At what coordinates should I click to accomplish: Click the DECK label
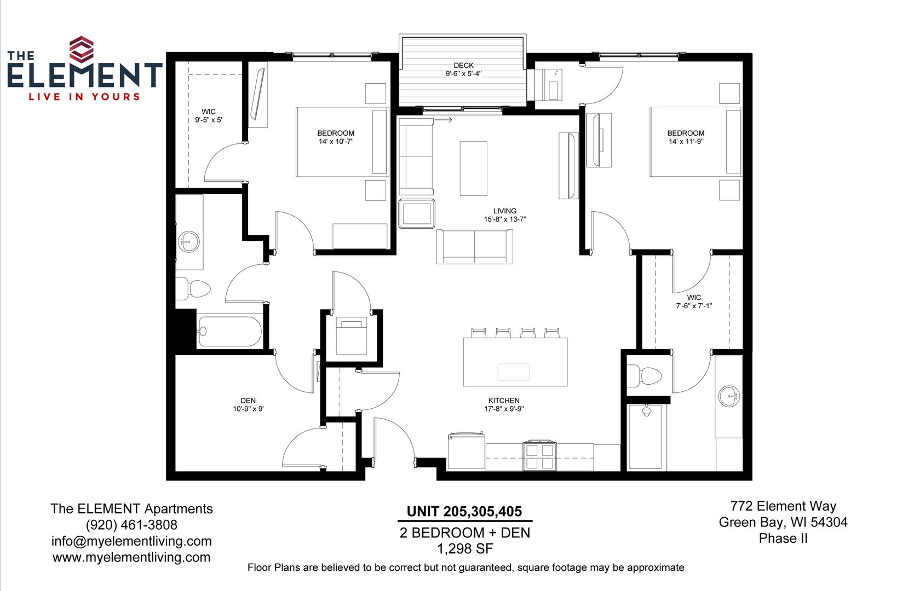click(x=463, y=65)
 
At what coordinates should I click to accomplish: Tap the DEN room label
click(x=248, y=401)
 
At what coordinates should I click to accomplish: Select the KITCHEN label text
click(x=504, y=401)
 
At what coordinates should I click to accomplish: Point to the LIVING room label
click(x=505, y=211)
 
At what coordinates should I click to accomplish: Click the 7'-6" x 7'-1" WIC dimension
click(x=694, y=305)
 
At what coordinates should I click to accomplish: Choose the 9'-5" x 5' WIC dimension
click(x=209, y=120)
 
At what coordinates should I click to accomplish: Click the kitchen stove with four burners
click(x=539, y=455)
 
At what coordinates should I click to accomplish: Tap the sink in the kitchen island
click(x=513, y=372)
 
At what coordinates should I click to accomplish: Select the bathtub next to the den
click(x=229, y=331)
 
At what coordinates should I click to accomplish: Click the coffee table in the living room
click(x=473, y=169)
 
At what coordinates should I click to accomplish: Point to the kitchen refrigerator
click(x=467, y=451)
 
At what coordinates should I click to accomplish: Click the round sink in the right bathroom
click(x=729, y=396)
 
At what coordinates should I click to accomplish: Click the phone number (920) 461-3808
click(x=131, y=525)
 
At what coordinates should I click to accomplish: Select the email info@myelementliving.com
click(x=131, y=541)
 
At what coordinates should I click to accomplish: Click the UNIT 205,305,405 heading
click(x=464, y=512)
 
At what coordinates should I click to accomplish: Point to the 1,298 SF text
click(x=465, y=549)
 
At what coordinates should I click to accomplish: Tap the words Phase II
click(x=783, y=538)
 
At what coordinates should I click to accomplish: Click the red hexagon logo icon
click(x=81, y=49)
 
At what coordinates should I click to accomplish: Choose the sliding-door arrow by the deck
click(x=443, y=120)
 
